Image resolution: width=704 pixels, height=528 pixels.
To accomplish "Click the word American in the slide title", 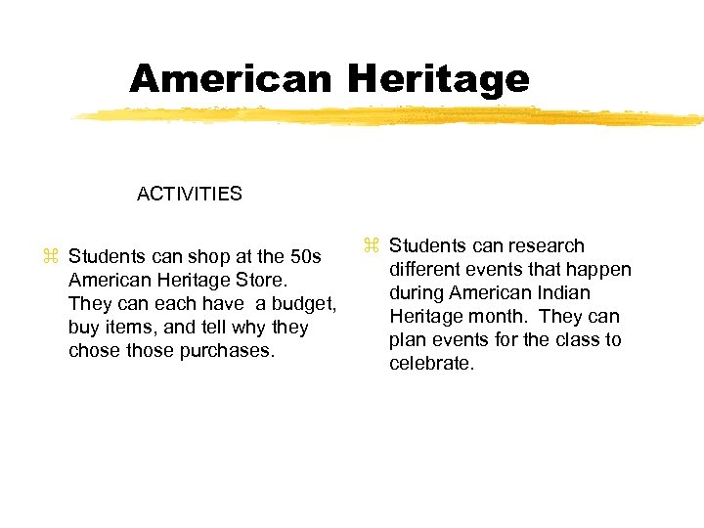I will [x=230, y=78].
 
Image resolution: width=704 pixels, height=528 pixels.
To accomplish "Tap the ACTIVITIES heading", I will [x=190, y=194].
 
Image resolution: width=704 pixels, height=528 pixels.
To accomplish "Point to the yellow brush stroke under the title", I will [x=391, y=116].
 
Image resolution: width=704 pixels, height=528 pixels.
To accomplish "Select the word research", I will [x=543, y=245].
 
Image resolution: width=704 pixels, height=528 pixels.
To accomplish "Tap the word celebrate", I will [x=431, y=363].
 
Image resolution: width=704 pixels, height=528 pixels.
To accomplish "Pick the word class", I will [x=572, y=339].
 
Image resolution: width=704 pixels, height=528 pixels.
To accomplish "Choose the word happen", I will [x=600, y=269].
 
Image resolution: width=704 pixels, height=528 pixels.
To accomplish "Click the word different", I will [x=426, y=269].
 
